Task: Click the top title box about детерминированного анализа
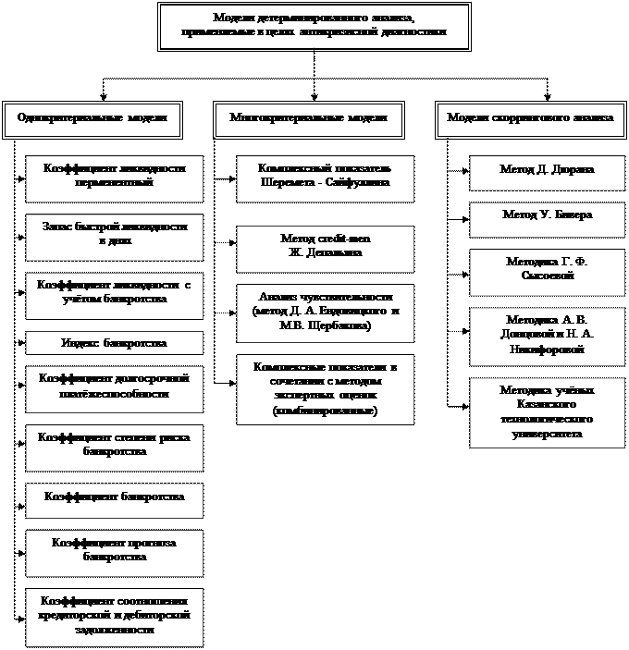[x=314, y=26]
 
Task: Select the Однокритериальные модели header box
[x=92, y=119]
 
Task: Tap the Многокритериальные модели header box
[x=314, y=119]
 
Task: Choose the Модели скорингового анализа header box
[x=530, y=119]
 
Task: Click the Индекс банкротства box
[x=115, y=343]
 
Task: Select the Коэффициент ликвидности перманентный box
[x=115, y=178]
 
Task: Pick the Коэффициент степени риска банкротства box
[x=115, y=446]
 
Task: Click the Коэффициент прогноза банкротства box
[x=115, y=551]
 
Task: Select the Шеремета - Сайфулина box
[x=313, y=178]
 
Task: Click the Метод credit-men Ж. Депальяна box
[x=313, y=246]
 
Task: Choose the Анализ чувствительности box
[x=313, y=312]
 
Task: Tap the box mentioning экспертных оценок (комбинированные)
[x=313, y=388]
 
